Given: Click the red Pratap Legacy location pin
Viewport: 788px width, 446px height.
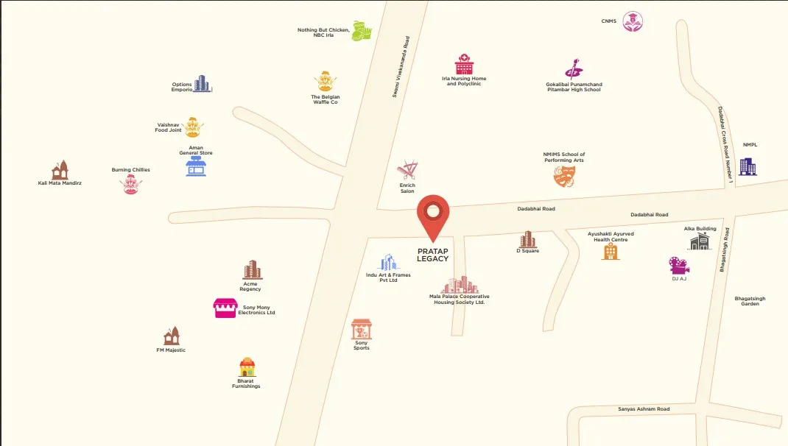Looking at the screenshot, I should (433, 214).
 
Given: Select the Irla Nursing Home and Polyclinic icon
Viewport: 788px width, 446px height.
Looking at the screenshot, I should (464, 64).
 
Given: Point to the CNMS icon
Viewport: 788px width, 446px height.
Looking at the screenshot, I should (632, 22).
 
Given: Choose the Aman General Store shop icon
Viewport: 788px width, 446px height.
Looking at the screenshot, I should (196, 166).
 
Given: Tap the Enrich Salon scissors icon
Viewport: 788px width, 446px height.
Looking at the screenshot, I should (407, 171).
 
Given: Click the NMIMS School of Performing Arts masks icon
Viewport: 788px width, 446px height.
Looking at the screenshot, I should (564, 175).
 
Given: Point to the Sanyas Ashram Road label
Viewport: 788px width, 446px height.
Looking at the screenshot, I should (643, 408).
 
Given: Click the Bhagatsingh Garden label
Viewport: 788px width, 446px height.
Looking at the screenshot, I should (750, 301).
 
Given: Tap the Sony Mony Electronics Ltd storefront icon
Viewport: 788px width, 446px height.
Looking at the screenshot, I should (225, 308).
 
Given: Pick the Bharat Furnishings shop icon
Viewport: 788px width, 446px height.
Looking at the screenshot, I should (247, 367).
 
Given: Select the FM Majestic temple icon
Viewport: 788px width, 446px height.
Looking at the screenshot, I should (172, 336).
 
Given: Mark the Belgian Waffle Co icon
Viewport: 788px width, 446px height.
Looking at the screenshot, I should (325, 82).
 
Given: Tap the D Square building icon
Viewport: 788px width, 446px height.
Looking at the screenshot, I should (528, 239).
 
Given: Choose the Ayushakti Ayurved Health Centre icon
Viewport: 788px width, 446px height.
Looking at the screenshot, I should (611, 252).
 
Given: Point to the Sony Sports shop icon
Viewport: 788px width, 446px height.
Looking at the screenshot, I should (361, 329).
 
